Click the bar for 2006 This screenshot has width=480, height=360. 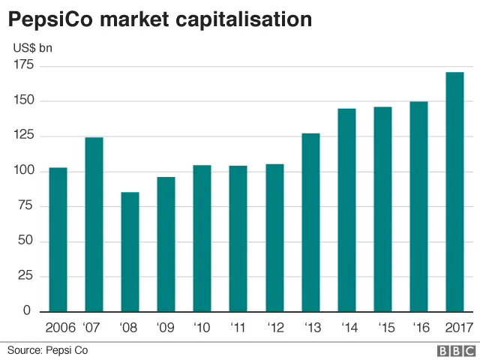(58, 239)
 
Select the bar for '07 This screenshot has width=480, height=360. (94, 224)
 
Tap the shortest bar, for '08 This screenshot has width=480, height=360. (130, 251)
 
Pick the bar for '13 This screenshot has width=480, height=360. (310, 222)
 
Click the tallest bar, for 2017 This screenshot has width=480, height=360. (454, 191)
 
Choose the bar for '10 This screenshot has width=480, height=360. (202, 238)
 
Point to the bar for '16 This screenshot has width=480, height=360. (418, 206)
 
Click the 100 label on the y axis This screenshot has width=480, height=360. (23, 171)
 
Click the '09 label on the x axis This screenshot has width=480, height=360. (166, 327)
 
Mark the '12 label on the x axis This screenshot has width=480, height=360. (274, 327)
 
